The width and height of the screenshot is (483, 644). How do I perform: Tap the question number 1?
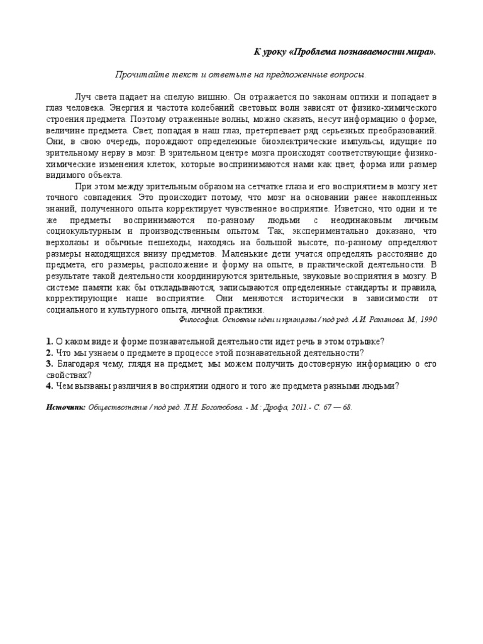48,341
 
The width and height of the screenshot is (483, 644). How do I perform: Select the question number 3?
48,364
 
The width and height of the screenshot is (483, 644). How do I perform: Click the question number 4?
48,386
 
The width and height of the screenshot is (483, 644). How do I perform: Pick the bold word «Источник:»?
66,407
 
